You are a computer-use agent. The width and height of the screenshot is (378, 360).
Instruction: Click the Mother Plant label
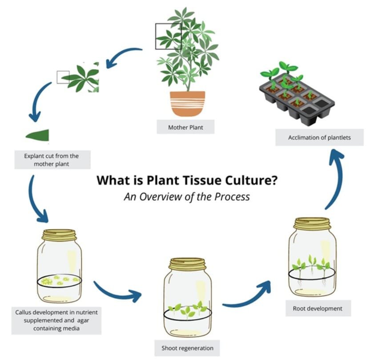[185, 127]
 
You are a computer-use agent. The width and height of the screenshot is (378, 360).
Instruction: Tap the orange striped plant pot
[187, 104]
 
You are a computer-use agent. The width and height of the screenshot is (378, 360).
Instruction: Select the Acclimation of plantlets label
[319, 138]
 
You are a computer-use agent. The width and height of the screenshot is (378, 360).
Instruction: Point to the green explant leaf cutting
[39, 135]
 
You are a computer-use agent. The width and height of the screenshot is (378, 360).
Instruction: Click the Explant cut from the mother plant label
[51, 160]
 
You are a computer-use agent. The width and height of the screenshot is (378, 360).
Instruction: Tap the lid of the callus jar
[59, 235]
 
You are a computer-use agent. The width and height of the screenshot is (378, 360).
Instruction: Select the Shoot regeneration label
[187, 348]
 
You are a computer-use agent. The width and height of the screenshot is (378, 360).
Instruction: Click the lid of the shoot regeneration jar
[187, 264]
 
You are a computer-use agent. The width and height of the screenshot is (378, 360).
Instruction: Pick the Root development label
[318, 308]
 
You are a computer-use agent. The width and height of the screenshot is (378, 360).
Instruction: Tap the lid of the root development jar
[312, 223]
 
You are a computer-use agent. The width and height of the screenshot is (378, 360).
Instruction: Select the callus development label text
[56, 320]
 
